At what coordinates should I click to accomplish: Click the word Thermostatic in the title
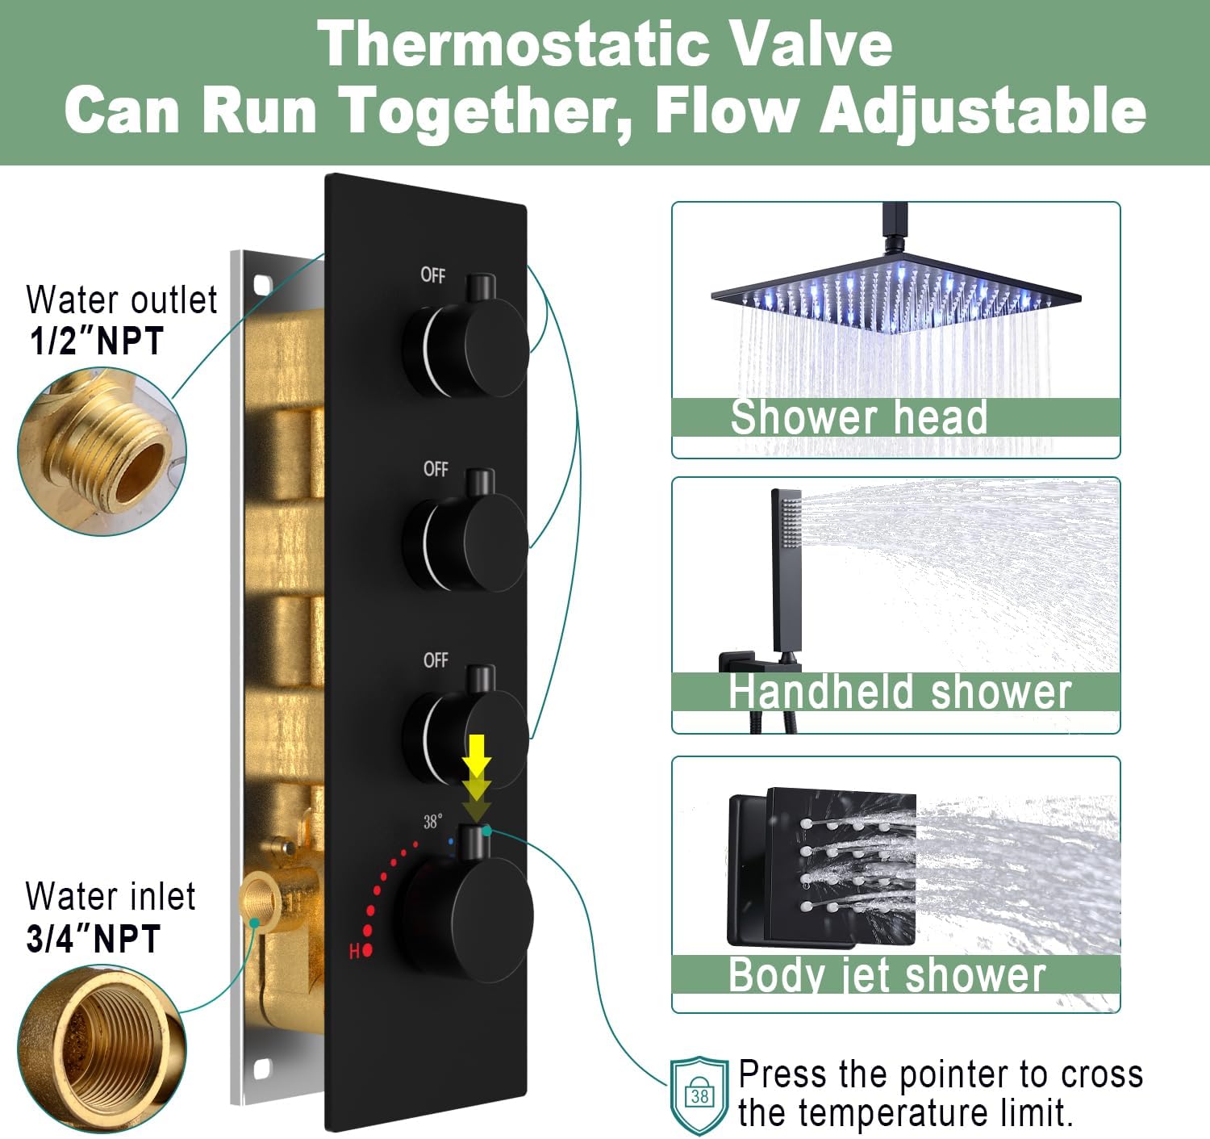tap(513, 44)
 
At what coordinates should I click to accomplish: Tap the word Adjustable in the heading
tap(983, 111)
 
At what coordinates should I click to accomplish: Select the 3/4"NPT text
tap(94, 938)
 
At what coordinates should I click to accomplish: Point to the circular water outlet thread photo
tap(102, 452)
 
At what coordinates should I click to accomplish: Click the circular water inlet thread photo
tap(102, 1049)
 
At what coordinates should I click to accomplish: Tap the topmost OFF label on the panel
tap(432, 275)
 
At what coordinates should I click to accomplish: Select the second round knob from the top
tap(466, 542)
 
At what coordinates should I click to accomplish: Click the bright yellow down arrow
tap(477, 754)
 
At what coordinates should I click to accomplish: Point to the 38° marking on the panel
tap(432, 821)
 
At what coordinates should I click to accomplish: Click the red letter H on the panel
tap(354, 951)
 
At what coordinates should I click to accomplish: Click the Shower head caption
tap(858, 417)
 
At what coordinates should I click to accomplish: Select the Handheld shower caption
tap(900, 692)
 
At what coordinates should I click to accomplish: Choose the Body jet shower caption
tap(887, 974)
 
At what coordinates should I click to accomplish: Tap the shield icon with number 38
tap(699, 1095)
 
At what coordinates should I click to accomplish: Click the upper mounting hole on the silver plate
tap(263, 285)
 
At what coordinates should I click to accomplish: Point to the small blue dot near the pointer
tap(451, 841)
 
